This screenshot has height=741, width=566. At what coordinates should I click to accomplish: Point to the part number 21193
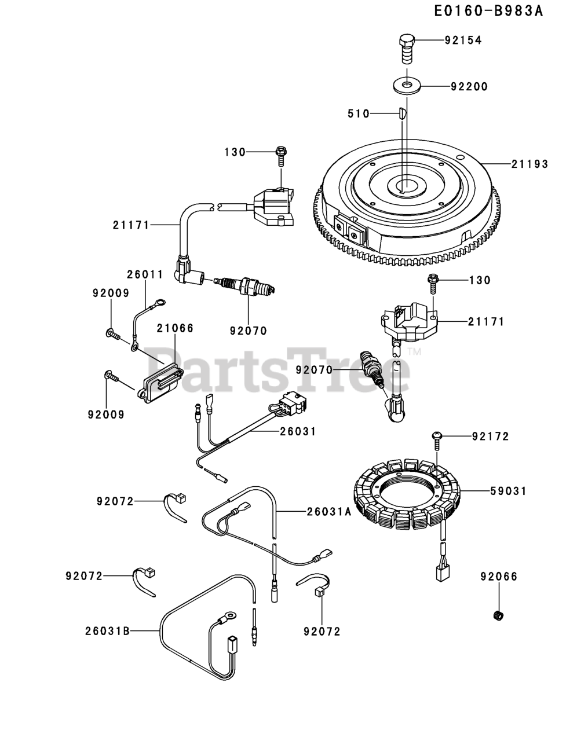coord(530,164)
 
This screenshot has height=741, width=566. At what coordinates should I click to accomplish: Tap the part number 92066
coord(499,576)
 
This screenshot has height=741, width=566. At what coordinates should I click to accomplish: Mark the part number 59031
coord(509,491)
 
